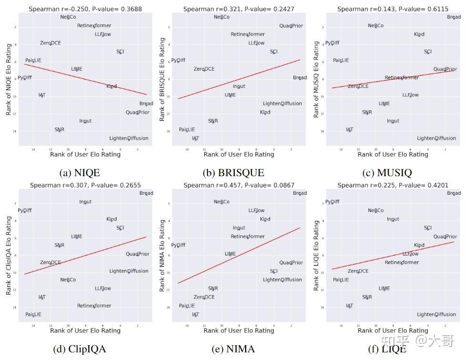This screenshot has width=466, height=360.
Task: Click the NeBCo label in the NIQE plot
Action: (x=68, y=17)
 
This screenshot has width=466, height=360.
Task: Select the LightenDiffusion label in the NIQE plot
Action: (x=129, y=138)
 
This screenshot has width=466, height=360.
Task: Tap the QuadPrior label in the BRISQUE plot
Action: (x=291, y=26)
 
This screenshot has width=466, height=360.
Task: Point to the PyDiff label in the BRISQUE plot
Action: (x=178, y=61)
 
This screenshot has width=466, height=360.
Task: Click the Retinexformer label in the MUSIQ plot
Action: (x=402, y=78)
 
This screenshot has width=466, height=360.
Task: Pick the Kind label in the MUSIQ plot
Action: (x=419, y=34)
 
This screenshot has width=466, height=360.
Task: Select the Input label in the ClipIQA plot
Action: (x=85, y=202)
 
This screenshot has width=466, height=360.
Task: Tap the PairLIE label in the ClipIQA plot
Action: (x=33, y=315)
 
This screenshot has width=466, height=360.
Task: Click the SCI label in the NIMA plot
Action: (x=273, y=271)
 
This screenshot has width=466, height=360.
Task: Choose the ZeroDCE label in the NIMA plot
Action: (x=204, y=297)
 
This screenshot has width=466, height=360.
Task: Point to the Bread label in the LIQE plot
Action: (x=454, y=193)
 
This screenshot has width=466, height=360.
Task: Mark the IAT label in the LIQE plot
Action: (x=350, y=306)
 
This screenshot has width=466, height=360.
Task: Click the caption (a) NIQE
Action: (x=80, y=173)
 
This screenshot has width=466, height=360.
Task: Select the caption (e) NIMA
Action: (x=233, y=349)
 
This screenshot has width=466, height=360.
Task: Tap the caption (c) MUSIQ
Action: (x=387, y=173)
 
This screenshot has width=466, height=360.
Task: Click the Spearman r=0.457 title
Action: (x=238, y=185)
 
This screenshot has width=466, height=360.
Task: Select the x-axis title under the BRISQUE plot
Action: (x=238, y=154)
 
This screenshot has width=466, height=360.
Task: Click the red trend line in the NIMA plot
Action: (x=238, y=255)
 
